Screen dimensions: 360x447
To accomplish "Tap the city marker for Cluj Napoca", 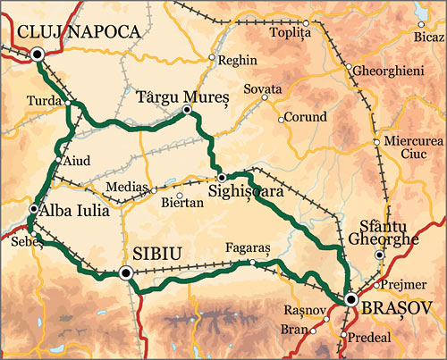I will (37, 54).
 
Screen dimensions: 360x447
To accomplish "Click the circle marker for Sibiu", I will (125, 272).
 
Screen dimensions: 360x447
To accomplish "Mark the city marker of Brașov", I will (351, 299).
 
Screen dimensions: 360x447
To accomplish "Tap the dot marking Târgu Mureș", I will (186, 110).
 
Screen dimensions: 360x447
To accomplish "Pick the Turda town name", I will (44, 100).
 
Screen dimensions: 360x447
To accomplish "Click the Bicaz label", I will (429, 37).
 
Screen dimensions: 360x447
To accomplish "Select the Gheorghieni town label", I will (386, 69).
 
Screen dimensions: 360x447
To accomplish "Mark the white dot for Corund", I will (281, 118).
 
